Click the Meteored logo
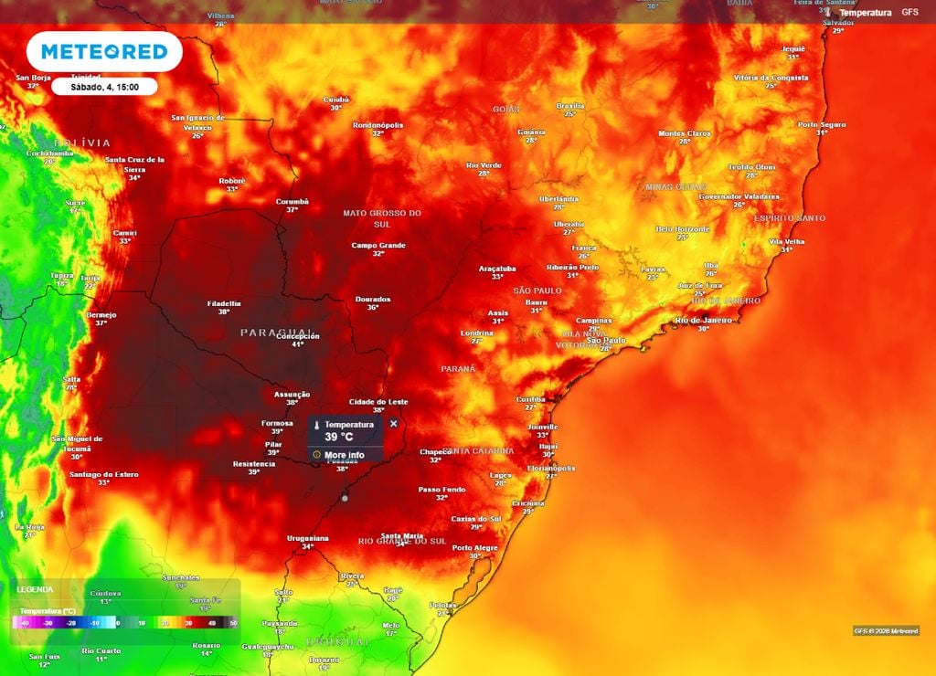pyautogui.click(x=103, y=51)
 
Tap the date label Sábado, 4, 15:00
pyautogui.click(x=103, y=87)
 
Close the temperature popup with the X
pyautogui.click(x=394, y=423)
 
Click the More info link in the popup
pyautogui.click(x=344, y=455)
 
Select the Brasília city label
pyautogui.click(x=569, y=106)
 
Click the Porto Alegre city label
pyautogui.click(x=474, y=547)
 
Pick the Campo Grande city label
pyautogui.click(x=378, y=245)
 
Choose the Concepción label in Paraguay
pyautogui.click(x=297, y=336)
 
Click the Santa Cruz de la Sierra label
pyautogui.click(x=134, y=164)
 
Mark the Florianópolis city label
pyautogui.click(x=551, y=468)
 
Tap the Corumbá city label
pyautogui.click(x=292, y=201)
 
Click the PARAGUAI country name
pyautogui.click(x=276, y=332)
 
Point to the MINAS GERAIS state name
pyautogui.click(x=676, y=186)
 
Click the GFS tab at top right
pyautogui.click(x=909, y=12)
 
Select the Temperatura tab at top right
pyautogui.click(x=865, y=13)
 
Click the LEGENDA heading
pyautogui.click(x=35, y=589)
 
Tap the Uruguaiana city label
pyautogui.click(x=306, y=537)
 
